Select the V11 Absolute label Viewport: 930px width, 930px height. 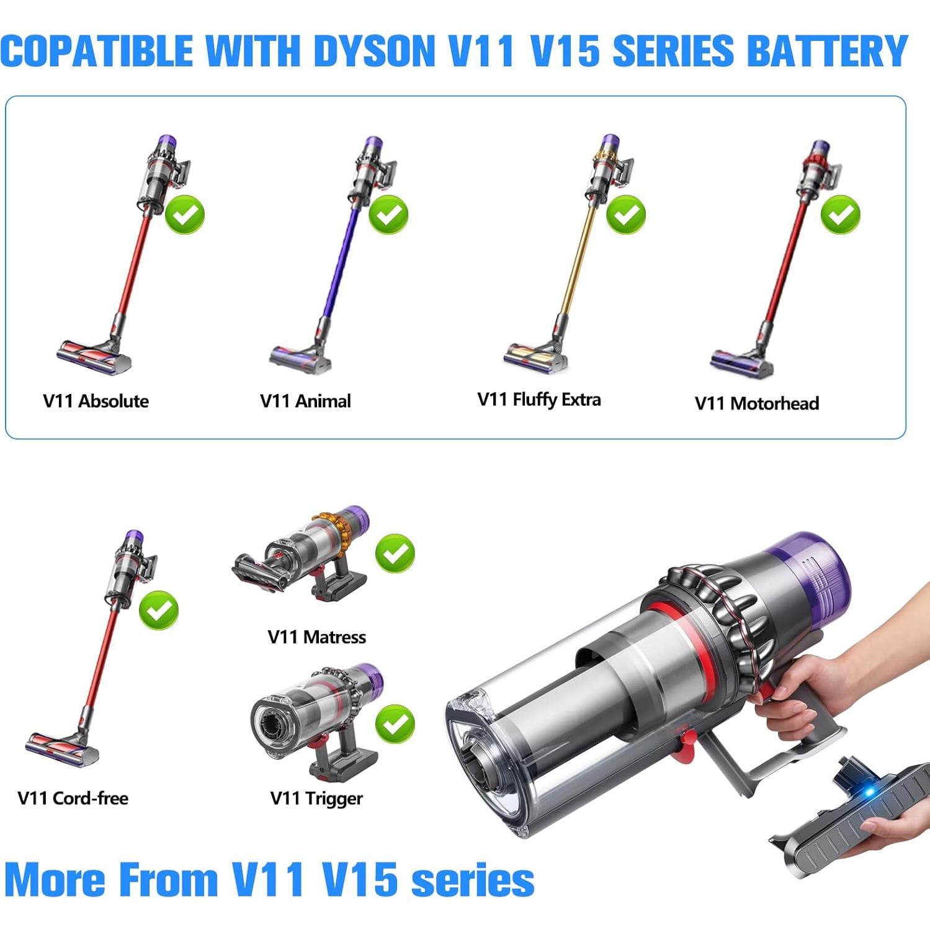96,401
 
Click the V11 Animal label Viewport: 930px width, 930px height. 305,401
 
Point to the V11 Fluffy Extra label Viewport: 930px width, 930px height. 539,400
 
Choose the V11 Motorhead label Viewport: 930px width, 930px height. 756,403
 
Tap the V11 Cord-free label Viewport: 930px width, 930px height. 73,798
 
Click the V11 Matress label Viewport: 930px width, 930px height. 316,637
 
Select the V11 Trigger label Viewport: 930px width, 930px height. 316,798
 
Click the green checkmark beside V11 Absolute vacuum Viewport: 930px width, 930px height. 185,215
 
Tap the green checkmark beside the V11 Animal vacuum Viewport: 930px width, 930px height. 388,215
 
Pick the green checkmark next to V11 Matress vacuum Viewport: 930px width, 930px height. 395,553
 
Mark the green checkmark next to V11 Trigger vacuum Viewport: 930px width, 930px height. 395,723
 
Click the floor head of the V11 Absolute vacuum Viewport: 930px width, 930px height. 94,357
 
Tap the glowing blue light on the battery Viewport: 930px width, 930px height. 869,793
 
